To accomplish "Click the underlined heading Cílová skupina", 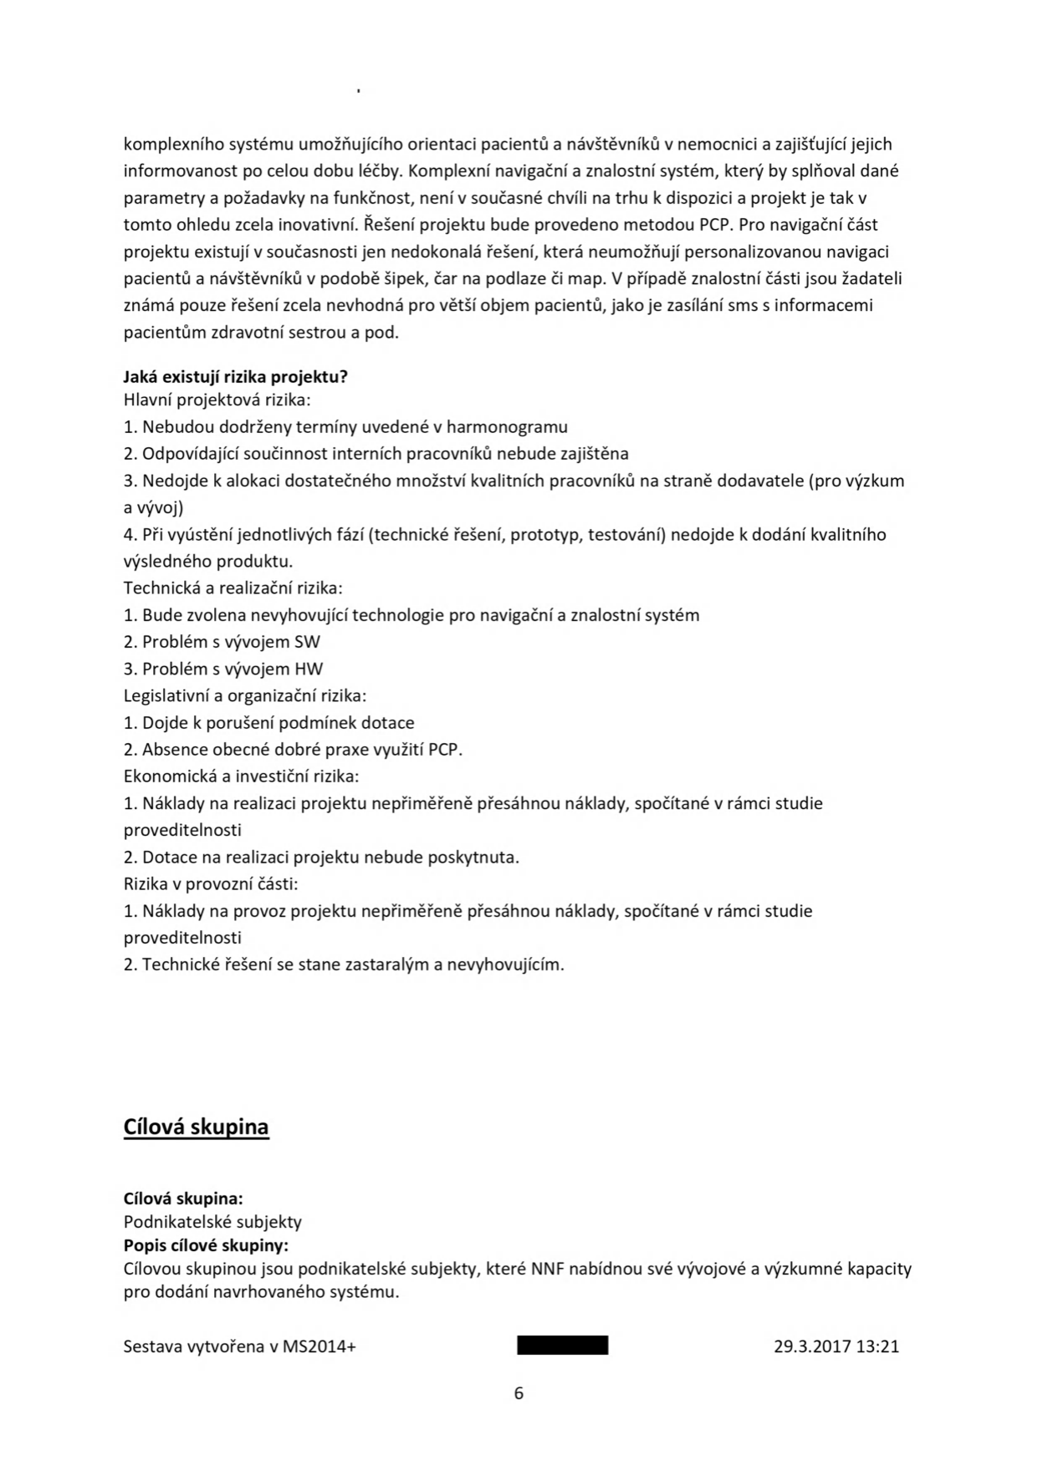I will (196, 1127).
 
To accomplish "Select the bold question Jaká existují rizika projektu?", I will (235, 376).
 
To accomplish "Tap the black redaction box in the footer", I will (562, 1346).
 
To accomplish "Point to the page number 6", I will (519, 1392).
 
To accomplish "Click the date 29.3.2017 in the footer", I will (812, 1346).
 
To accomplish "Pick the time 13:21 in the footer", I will (877, 1346).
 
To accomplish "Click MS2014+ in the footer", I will (319, 1346).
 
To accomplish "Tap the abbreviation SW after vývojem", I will (307, 642).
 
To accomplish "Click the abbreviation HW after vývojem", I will (308, 669).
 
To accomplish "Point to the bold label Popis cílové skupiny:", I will (206, 1245).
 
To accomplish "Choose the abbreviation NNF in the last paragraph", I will (548, 1269).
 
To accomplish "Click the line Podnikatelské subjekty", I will (212, 1222).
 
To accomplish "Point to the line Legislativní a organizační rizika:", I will (245, 695).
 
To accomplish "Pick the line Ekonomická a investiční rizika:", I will (241, 776).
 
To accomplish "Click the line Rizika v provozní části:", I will (211, 883).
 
